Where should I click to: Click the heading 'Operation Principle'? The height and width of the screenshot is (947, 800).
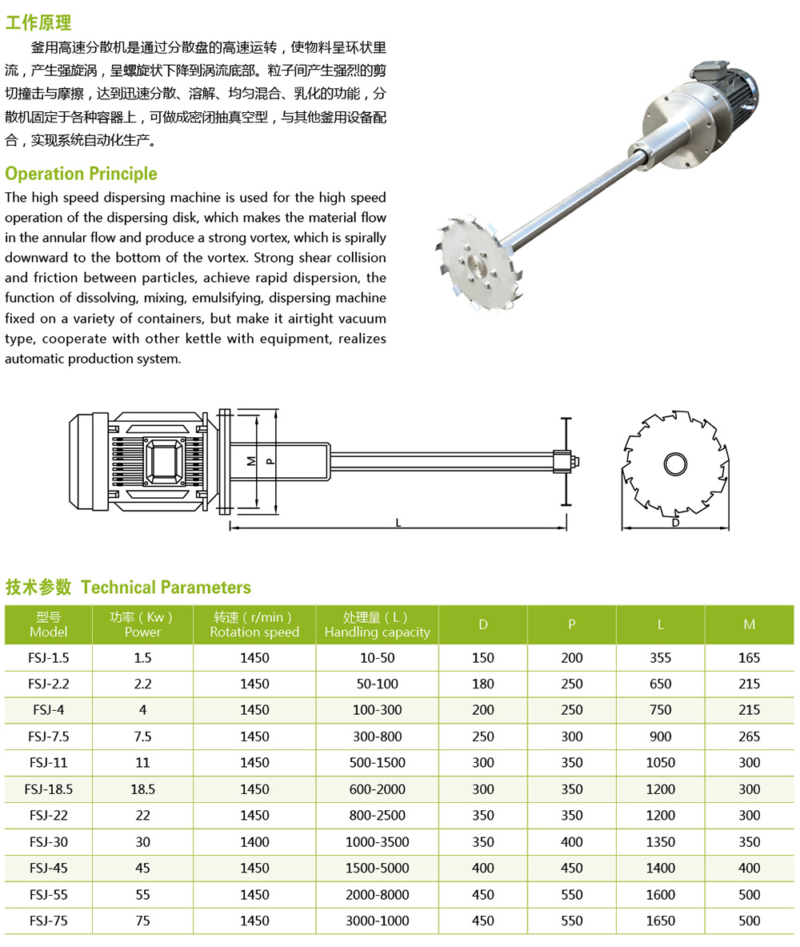pos(81,174)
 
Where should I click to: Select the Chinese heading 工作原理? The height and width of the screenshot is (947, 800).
pos(38,22)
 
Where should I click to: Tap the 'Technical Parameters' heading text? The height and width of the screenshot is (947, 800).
pos(166,588)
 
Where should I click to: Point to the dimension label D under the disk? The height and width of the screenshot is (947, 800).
pos(675,523)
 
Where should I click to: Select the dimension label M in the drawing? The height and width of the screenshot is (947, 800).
pos(251,461)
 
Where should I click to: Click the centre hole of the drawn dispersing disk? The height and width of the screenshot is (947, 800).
pos(675,463)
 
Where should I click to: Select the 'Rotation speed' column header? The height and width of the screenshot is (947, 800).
pos(254,624)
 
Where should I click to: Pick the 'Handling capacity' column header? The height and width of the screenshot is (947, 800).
pos(377,624)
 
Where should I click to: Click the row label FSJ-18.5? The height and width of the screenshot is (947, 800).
pos(50,789)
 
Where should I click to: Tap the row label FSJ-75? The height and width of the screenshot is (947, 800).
pos(50,921)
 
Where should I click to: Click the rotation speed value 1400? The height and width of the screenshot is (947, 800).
pos(254,841)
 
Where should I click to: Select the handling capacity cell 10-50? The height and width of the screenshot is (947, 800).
pos(377,658)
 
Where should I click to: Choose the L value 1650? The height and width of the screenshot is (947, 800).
pos(660,921)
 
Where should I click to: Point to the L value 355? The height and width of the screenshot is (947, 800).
pos(660,658)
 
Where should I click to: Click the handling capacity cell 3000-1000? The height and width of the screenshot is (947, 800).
pos(377,921)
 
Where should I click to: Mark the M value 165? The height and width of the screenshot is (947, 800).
pos(749,658)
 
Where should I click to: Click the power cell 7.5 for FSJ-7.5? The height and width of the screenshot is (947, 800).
pos(142,736)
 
